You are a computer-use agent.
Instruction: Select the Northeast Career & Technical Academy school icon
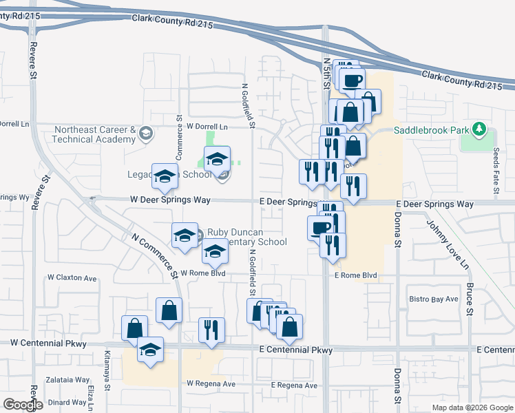145,134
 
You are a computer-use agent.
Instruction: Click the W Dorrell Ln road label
207,127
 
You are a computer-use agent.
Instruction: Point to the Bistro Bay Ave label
434,299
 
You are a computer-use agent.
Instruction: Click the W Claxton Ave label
72,278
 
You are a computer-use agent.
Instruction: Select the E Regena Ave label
294,385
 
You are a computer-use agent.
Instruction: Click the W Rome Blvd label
203,273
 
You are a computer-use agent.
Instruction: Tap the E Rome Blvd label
355,275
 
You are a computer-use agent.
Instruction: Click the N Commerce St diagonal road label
156,253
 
